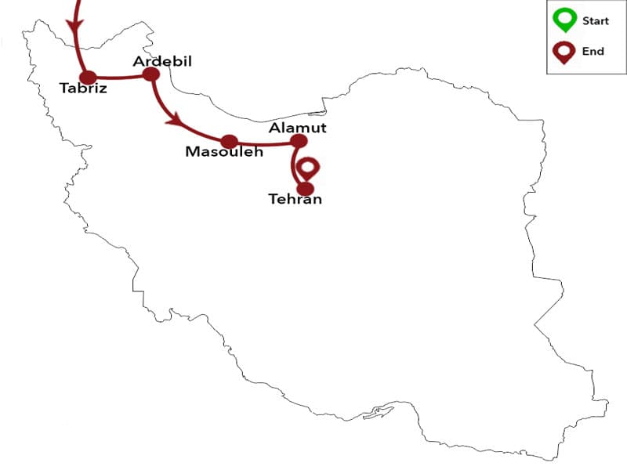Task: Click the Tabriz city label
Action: (x=83, y=88)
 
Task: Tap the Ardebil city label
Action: (x=162, y=61)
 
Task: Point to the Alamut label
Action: (x=297, y=128)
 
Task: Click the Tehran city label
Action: (x=295, y=200)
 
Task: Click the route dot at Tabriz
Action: (x=89, y=77)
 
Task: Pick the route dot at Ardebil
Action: (x=150, y=74)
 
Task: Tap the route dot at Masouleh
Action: (x=229, y=142)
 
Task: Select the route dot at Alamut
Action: (x=299, y=141)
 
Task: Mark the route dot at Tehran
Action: (x=306, y=188)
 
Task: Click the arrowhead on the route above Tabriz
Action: (x=75, y=27)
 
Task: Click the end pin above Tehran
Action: (x=310, y=168)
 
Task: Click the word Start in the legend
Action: (x=595, y=21)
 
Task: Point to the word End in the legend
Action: (x=593, y=52)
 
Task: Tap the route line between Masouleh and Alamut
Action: (x=264, y=144)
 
